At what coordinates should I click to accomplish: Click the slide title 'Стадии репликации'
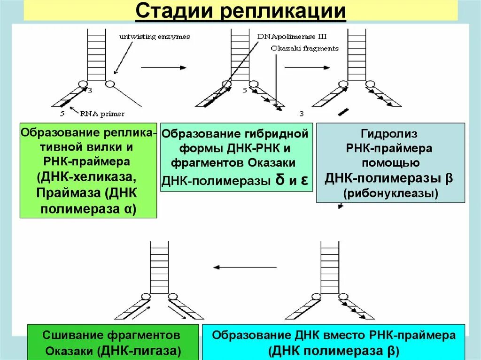[x=240, y=11]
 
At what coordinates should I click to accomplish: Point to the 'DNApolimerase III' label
[x=292, y=36]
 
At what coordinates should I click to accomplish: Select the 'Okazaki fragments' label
[x=304, y=48]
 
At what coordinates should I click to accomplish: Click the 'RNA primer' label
[x=102, y=113]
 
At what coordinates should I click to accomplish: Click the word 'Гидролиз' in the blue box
[x=390, y=134]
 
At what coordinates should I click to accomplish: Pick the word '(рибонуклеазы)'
[x=390, y=193]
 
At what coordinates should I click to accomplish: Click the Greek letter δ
[x=280, y=181]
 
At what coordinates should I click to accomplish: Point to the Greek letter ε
[x=304, y=181]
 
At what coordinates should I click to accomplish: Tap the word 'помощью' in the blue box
[x=390, y=163]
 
